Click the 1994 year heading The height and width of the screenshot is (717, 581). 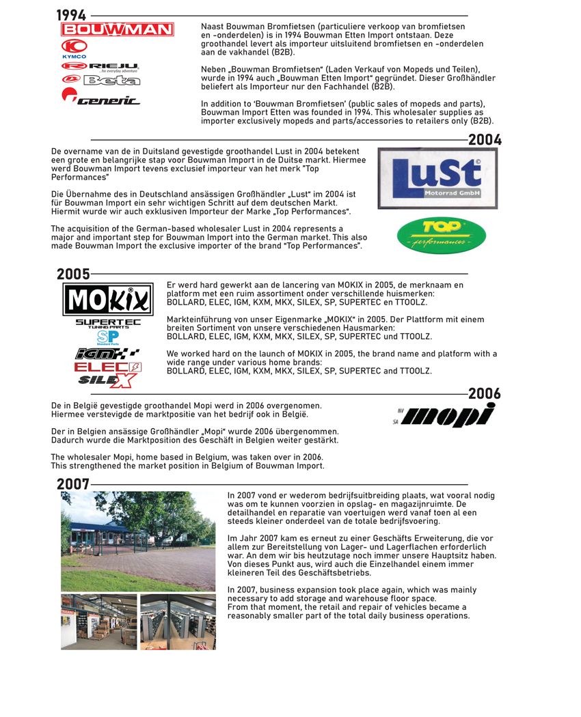tap(71, 15)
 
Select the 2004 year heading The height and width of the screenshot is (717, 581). tap(485, 140)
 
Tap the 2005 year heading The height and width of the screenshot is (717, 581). tap(73, 274)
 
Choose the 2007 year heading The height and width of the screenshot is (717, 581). tap(73, 484)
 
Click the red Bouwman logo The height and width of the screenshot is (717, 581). tap(118, 30)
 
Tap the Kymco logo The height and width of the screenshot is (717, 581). tap(74, 48)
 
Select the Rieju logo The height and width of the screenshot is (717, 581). tap(100, 66)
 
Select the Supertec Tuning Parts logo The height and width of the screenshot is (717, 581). tap(108, 323)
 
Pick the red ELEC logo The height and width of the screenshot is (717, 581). tap(108, 367)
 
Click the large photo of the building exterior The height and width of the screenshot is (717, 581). tap(138, 541)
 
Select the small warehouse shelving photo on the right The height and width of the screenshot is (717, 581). tap(178, 621)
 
